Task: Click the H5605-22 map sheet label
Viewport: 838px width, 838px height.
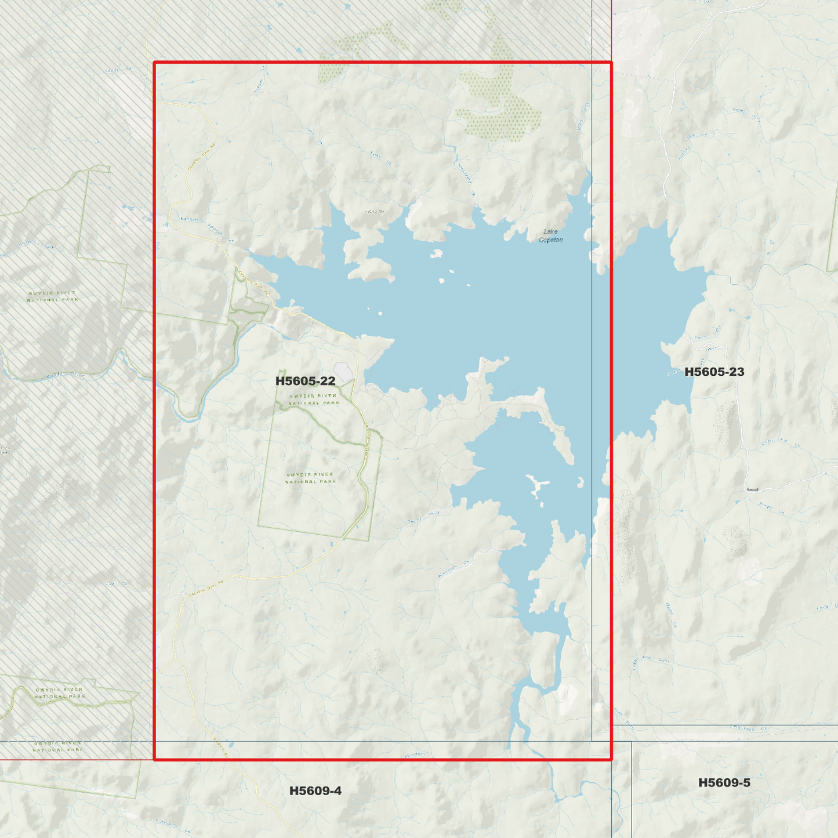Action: [305, 381]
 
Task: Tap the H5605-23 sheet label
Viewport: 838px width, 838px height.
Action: [714, 372]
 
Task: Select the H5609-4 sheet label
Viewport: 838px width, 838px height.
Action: [315, 790]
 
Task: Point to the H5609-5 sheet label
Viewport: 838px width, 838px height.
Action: [724, 782]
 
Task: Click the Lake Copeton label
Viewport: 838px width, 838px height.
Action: [550, 235]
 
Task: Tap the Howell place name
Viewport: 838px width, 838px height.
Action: [752, 490]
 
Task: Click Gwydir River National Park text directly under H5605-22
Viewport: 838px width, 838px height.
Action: [313, 399]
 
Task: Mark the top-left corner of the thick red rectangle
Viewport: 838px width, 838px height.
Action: [154, 62]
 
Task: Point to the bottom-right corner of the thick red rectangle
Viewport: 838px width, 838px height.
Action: [611, 759]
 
